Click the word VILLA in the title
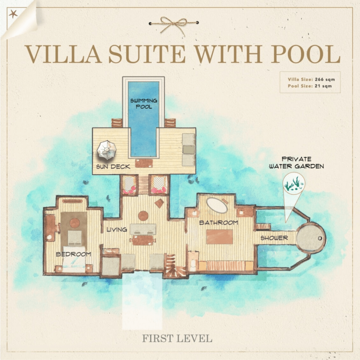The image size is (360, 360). coord(63,54)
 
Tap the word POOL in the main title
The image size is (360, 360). coord(305,54)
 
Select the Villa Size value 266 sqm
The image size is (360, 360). coord(325,79)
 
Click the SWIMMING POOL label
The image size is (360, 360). coord(144,104)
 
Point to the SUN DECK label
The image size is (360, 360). coord(113,166)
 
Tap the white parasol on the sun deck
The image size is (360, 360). coord(107,150)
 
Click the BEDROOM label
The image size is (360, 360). coord(74,254)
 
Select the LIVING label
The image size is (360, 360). coord(117,229)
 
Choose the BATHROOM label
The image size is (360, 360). coord(219,223)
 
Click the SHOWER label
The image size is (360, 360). coord(274,238)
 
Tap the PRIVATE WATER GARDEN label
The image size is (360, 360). coord(296,162)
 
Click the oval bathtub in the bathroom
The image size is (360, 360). coord(217,205)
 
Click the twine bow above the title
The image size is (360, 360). coord(174,24)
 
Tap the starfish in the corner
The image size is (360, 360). coord(13,14)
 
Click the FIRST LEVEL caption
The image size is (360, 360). coord(177,339)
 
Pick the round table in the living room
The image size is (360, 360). coord(143,216)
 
